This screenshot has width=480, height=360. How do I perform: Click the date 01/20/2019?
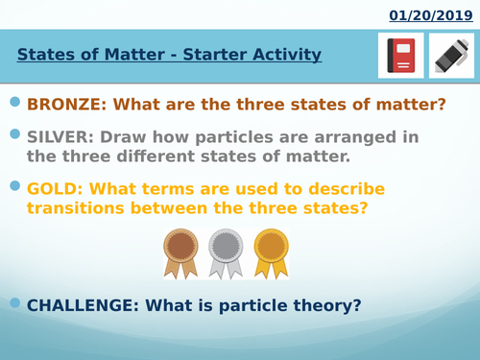pyautogui.click(x=430, y=15)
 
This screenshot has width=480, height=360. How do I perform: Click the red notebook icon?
pyautogui.click(x=400, y=56)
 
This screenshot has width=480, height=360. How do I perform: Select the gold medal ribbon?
pyautogui.click(x=271, y=252)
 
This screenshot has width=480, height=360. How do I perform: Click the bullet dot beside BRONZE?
pyautogui.click(x=14, y=102)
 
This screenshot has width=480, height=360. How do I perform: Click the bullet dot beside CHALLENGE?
pyautogui.click(x=14, y=302)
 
